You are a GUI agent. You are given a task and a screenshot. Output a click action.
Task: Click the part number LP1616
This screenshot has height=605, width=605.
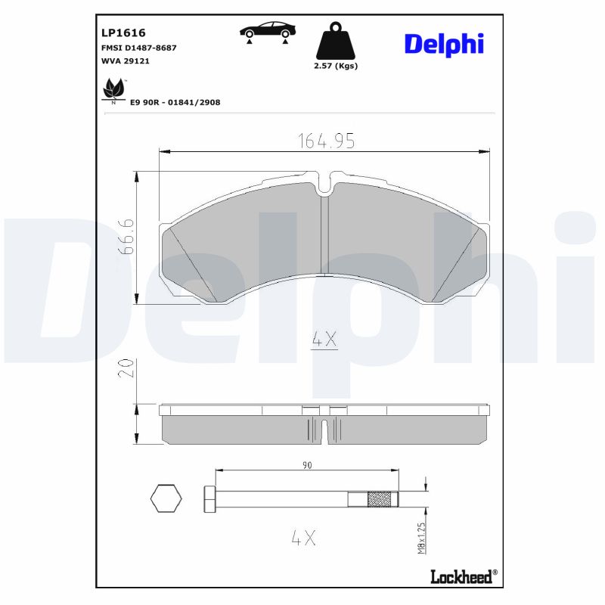tap(123, 33)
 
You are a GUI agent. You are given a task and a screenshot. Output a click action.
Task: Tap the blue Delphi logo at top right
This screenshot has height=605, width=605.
tap(443, 44)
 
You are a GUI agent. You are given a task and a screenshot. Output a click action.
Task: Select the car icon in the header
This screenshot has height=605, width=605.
tap(267, 31)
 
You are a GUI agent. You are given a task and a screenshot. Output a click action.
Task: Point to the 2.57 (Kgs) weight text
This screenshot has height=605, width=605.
tap(335, 66)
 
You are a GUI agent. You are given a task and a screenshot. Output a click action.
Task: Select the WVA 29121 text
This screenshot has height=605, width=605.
tap(125, 60)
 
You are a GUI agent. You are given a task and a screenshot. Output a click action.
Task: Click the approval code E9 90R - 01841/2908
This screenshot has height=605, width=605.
tap(175, 102)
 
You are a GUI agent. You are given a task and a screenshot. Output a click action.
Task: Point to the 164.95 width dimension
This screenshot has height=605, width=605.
tap(325, 141)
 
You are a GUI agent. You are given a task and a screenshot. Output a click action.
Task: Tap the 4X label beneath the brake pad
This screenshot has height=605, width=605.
tap(324, 340)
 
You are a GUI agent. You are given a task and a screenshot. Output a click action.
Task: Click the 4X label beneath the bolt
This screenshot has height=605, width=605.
tap(302, 538)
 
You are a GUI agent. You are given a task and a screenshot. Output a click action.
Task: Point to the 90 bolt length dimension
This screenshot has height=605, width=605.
tap(306, 465)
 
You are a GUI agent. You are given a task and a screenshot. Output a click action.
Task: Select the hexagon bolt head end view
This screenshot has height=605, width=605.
tap(166, 498)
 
